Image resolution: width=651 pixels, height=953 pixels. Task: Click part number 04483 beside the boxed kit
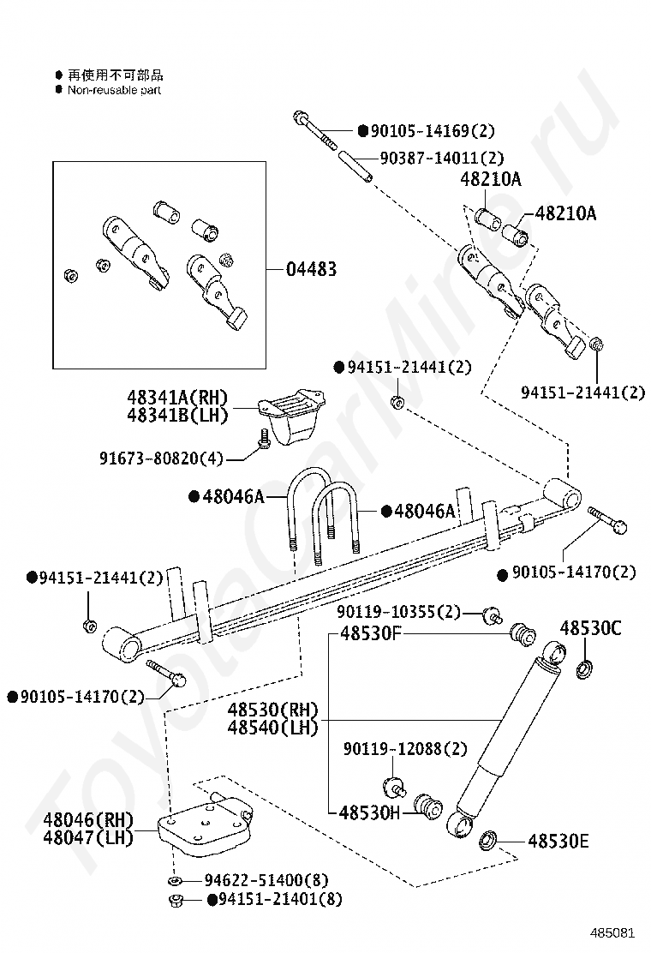click(311, 269)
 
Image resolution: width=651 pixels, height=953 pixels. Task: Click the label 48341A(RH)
click(178, 397)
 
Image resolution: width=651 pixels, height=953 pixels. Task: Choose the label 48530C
click(590, 628)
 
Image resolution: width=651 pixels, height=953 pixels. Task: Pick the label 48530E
click(558, 842)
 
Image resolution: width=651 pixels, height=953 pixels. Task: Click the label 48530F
click(371, 634)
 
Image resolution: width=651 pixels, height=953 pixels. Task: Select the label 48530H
click(369, 812)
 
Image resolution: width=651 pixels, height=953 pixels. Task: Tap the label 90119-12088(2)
click(406, 749)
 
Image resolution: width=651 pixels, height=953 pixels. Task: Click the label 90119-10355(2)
click(398, 612)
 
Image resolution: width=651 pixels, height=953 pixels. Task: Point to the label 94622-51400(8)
click(266, 880)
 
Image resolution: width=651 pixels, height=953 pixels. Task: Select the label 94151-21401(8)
click(280, 899)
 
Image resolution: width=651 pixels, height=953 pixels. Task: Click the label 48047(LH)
click(88, 837)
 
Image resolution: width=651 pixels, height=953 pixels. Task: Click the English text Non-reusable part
click(114, 90)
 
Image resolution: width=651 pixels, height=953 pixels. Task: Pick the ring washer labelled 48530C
click(587, 667)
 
